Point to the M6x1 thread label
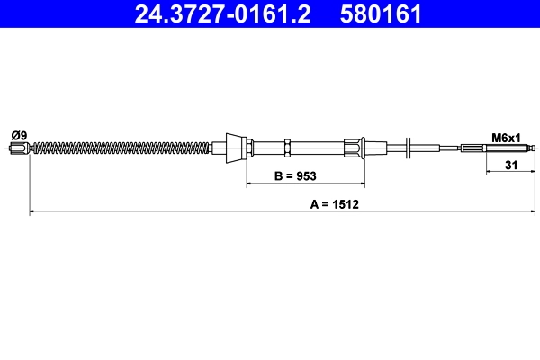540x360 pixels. [506, 138]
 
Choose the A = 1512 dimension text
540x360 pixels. [335, 204]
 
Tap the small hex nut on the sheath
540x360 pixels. [286, 147]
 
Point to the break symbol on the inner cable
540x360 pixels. [409, 147]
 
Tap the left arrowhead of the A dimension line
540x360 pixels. [33, 212]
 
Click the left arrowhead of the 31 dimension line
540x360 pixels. [489, 171]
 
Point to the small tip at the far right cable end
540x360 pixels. [535, 148]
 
